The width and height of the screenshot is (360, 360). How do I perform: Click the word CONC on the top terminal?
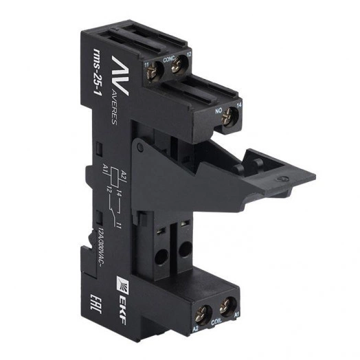coord(168,58)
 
